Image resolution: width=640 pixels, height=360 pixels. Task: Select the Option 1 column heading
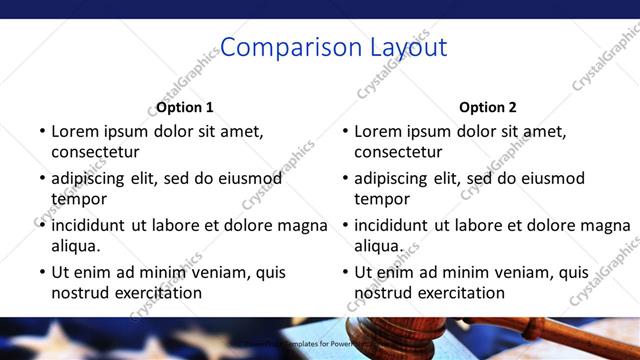coord(185,107)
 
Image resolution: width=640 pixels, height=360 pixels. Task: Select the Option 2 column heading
coord(488,107)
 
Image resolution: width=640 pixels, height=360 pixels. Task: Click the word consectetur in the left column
coord(95,152)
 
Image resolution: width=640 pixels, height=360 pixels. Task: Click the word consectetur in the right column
coord(398,152)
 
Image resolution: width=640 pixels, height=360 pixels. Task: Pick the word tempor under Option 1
coord(79,199)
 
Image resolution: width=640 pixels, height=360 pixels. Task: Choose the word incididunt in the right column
coord(391,225)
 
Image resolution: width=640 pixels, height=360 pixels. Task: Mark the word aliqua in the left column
coord(76,245)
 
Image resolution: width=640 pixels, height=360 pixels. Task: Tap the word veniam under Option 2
coord(521,272)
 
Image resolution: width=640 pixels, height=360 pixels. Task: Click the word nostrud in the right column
coord(383,293)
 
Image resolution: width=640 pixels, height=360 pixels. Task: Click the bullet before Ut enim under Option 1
coord(42,272)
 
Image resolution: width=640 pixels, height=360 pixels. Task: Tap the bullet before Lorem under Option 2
coord(345,131)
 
